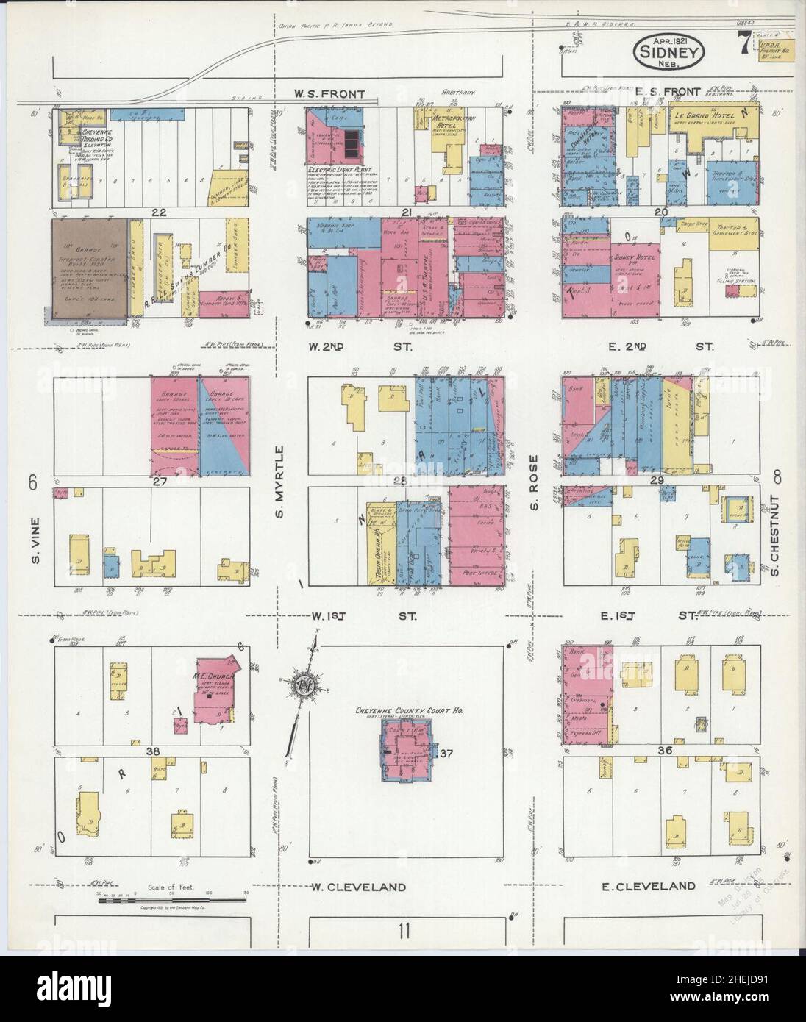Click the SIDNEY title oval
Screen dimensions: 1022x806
tap(669, 53)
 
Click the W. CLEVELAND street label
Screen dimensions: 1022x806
tap(359, 887)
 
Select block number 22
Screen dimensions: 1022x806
tap(157, 212)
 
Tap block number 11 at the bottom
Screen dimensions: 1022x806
tap(404, 932)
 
